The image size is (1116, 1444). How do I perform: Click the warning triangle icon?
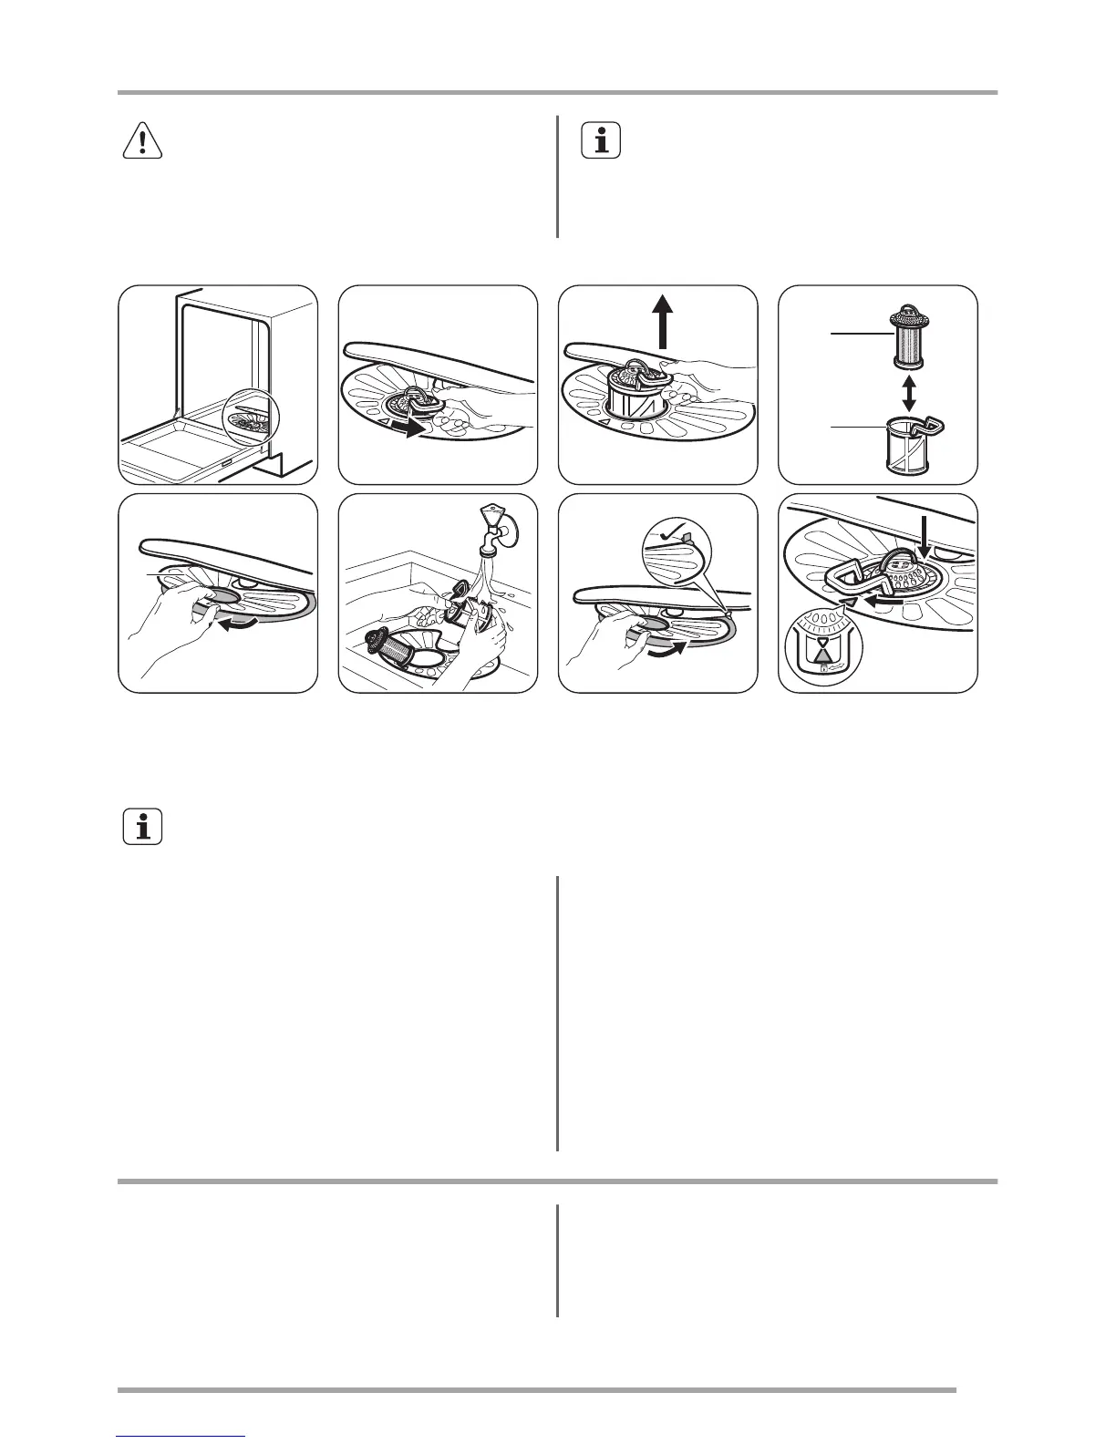coord(143,141)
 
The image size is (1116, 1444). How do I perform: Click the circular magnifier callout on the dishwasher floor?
coord(249,419)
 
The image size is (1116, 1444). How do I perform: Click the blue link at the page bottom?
coord(181,1437)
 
